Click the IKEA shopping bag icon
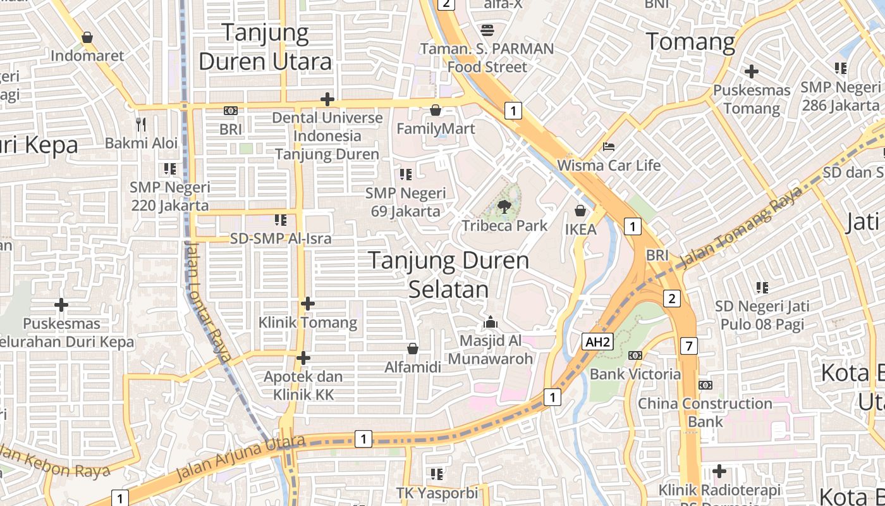coord(580,211)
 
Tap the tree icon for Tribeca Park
coord(504,206)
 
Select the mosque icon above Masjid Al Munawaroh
coord(491,323)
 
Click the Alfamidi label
coord(413,367)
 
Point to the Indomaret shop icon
coord(87,37)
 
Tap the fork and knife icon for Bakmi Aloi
coord(141,124)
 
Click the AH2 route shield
coord(597,342)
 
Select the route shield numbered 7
coord(689,346)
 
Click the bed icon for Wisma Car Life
coord(608,147)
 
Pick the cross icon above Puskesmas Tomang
coord(751,71)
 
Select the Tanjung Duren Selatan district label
coord(449,275)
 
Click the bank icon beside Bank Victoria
coord(635,355)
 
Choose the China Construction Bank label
coord(705,412)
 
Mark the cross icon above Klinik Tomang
coord(307,304)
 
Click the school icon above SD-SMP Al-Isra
coord(280,220)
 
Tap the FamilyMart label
coord(436,129)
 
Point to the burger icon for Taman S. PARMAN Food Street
coord(487,30)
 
